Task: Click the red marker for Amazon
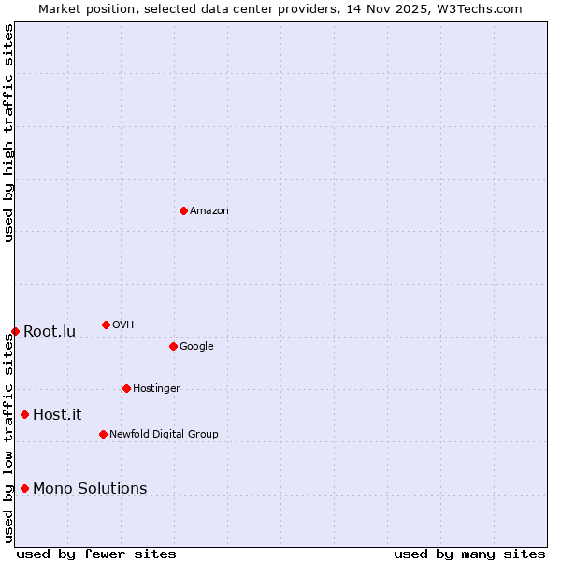183,210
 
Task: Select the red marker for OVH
106,324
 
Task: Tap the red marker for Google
173,346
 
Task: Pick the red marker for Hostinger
126,388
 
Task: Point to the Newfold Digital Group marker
103,434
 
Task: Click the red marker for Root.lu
15,331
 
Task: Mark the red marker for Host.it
24,414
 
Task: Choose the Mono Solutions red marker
24,488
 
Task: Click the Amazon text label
209,211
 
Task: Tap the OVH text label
123,325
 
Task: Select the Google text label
196,347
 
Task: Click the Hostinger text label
156,389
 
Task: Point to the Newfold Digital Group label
164,435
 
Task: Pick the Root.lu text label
50,332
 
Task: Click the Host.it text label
57,415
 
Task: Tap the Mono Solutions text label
90,489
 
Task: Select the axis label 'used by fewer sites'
96,554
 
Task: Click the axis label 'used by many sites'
469,554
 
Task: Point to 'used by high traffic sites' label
8,133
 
